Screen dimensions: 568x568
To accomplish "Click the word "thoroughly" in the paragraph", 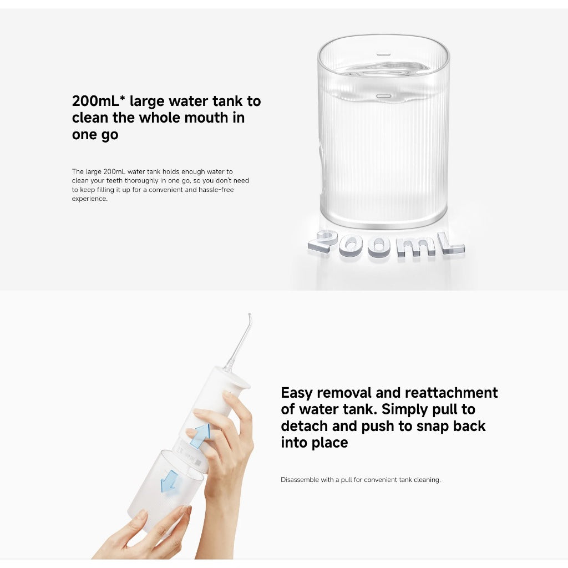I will (x=144, y=181).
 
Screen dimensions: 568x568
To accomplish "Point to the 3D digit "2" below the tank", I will (x=323, y=242).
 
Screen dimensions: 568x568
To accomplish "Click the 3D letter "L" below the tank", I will (x=450, y=244).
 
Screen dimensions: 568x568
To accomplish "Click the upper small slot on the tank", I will (x=383, y=54).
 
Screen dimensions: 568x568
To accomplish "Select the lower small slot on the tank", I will (x=383, y=96).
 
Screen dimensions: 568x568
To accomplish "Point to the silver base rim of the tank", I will (x=383, y=221).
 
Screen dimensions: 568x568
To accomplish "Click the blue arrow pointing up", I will (x=200, y=436).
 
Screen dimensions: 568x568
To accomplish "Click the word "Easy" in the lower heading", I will (x=297, y=393).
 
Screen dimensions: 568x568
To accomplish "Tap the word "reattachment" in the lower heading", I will (x=451, y=393).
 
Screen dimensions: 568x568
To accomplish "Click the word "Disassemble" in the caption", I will (x=300, y=480).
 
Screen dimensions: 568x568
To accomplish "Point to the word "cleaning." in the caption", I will (x=428, y=480).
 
